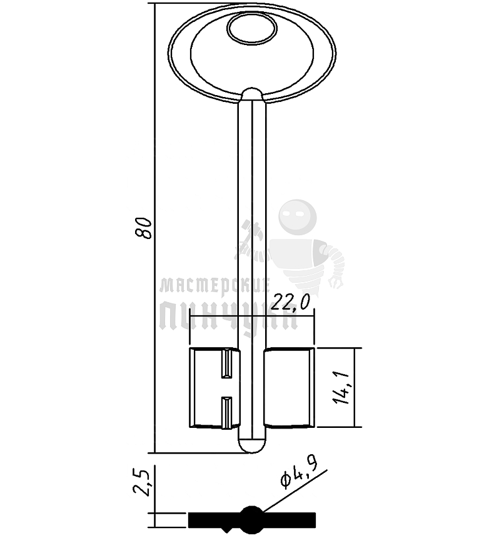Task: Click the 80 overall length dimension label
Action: click(x=144, y=228)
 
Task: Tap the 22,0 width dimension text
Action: click(x=290, y=303)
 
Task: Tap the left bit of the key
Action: click(x=214, y=388)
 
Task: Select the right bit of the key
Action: click(x=290, y=388)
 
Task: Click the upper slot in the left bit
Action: click(x=227, y=363)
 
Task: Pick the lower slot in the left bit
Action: click(x=226, y=413)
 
